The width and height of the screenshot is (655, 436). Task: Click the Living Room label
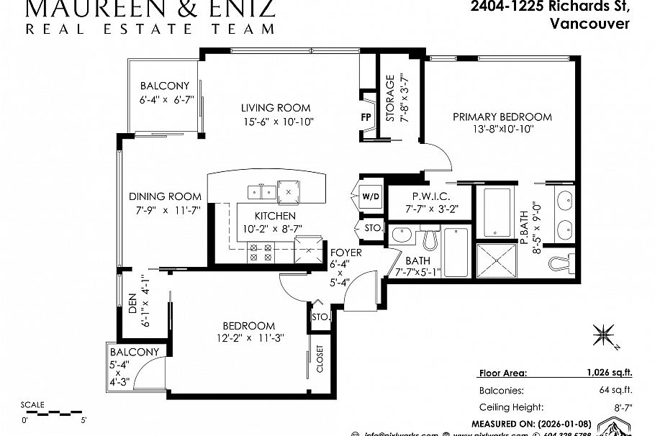coord(276,108)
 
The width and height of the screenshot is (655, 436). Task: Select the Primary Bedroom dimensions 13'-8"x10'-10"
coord(502,130)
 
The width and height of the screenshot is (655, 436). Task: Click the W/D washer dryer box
coord(370,196)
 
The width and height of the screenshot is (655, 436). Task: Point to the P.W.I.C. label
coord(431,196)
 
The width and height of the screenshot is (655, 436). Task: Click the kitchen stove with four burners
coord(259,252)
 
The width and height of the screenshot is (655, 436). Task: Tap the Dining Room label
coord(165,196)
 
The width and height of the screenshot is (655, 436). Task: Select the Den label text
coord(133,307)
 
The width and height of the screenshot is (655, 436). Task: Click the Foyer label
coord(345,253)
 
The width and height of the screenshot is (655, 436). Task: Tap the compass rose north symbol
coord(602,335)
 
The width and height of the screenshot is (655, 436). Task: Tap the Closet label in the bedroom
coord(320,359)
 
